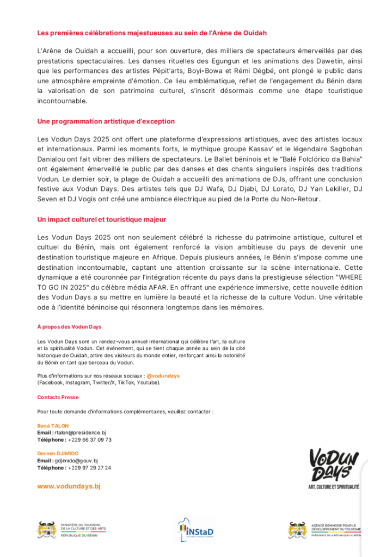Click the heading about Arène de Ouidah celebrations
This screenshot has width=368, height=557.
tap(152, 33)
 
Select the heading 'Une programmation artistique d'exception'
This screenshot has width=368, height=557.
tap(106, 121)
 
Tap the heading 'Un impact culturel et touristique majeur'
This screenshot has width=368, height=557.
tap(102, 219)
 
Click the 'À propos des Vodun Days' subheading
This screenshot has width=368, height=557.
tap(69, 327)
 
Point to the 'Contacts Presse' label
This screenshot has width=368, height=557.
tap(58, 398)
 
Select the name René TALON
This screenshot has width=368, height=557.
tap(53, 426)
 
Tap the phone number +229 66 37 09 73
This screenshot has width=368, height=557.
tap(90, 440)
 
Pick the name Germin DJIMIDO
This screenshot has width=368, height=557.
tap(58, 454)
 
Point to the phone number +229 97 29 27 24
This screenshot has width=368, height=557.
tap(90, 468)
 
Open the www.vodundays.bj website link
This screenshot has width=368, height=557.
tap(69, 486)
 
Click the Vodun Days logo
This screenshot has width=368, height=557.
tap(333, 465)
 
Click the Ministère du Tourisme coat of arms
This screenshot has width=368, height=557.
tap(47, 529)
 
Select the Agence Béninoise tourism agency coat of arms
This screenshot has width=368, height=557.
tap(298, 529)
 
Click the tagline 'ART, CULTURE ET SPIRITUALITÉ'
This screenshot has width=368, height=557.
tap(333, 486)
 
